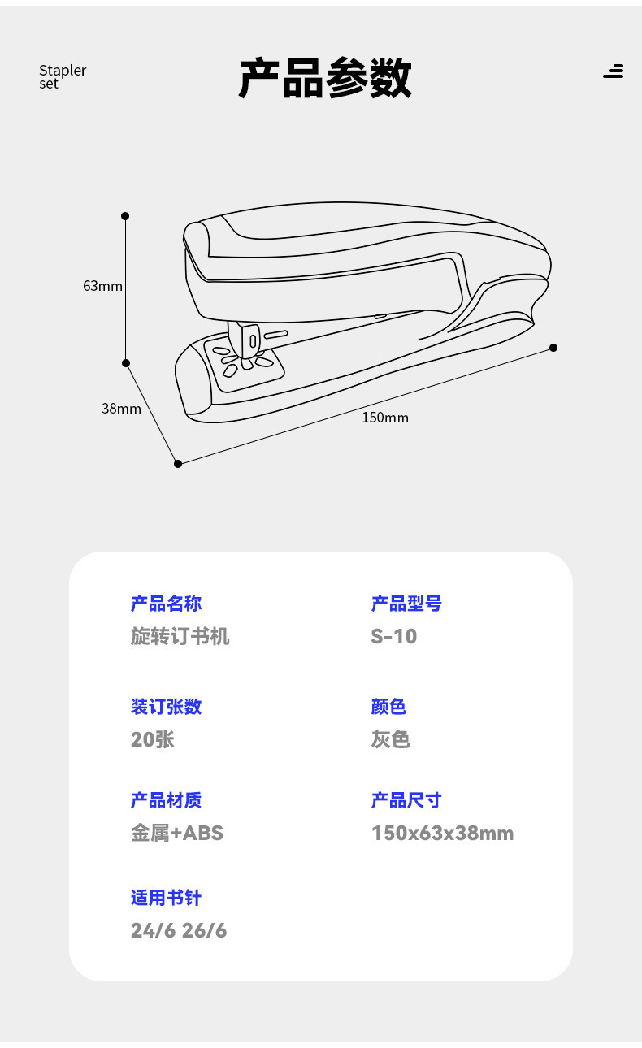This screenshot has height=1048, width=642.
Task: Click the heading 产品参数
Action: (325, 78)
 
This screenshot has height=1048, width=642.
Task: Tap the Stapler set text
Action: (62, 76)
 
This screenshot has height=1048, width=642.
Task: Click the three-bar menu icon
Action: (614, 71)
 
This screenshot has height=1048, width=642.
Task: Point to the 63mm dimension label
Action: (102, 286)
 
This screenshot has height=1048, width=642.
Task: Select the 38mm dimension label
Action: (121, 409)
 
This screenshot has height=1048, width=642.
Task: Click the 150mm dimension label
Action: (385, 418)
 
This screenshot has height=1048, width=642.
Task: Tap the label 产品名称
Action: (166, 604)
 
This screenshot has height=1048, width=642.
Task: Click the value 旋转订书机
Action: (180, 636)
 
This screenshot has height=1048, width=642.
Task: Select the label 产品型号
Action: (406, 604)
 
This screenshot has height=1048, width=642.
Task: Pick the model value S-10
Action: (394, 636)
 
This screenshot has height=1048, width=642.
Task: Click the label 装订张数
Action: (166, 707)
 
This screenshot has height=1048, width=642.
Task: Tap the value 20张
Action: (152, 739)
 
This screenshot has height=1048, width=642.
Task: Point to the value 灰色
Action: (391, 739)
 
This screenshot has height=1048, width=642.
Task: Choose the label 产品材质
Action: (166, 800)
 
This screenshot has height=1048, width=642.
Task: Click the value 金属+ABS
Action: (177, 833)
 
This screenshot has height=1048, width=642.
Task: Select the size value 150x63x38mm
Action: (442, 833)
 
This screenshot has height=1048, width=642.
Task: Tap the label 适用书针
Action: (166, 898)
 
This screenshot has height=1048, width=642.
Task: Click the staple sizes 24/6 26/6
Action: (179, 930)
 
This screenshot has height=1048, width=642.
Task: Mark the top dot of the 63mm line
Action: (125, 216)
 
